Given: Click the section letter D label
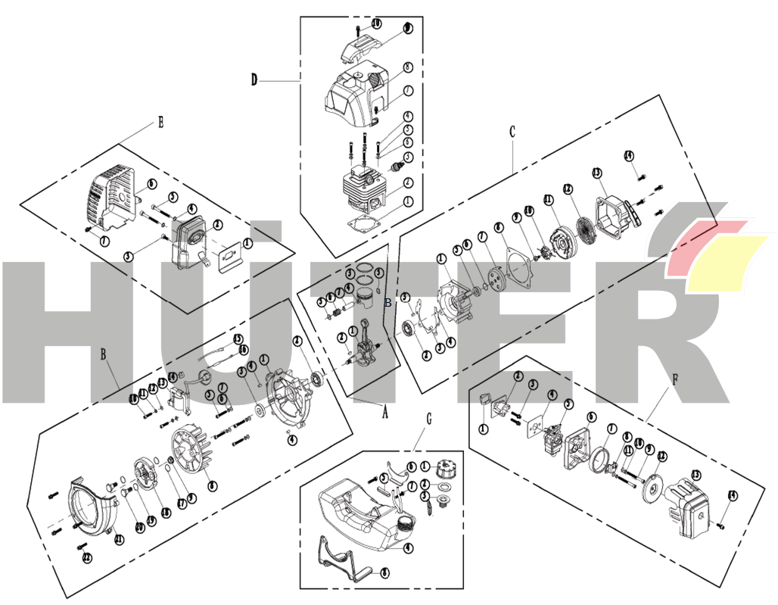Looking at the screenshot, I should click(x=254, y=80).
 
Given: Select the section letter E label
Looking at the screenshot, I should click(x=160, y=122).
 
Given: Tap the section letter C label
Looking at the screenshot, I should click(x=512, y=132).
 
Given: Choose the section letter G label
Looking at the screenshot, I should click(x=429, y=418).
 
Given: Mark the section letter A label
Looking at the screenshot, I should click(x=384, y=413).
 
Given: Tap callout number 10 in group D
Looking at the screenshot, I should click(x=376, y=24).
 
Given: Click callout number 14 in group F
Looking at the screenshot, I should click(x=732, y=495).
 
